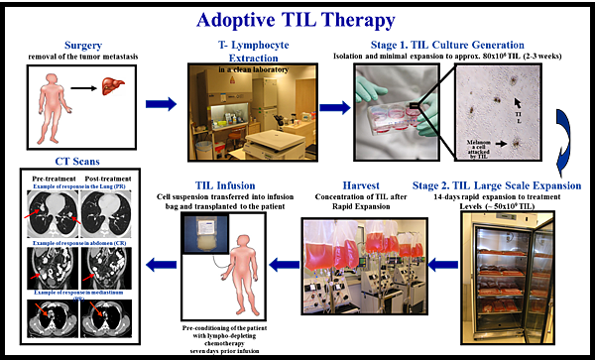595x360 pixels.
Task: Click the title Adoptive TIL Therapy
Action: coord(297,19)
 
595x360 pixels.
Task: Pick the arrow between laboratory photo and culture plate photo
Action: coord(334,106)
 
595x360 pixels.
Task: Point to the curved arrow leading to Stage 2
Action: coord(562,138)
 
